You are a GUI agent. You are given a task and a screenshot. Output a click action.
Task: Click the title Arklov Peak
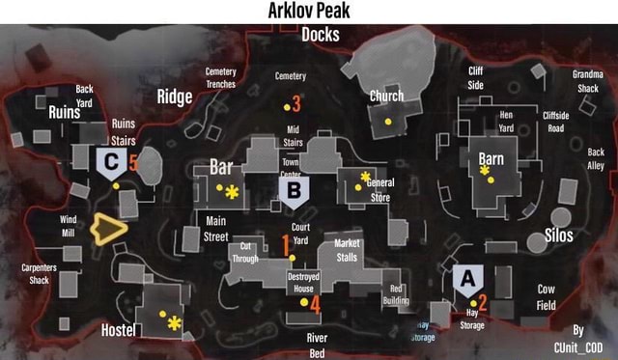click(309, 11)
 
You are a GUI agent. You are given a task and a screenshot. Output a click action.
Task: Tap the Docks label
click(320, 35)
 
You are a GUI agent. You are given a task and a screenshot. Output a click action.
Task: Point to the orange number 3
click(295, 102)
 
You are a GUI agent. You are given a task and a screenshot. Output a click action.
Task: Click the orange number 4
click(314, 303)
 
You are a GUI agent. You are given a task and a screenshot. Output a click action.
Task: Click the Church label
click(386, 97)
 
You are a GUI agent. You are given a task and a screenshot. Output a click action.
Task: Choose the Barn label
click(491, 158)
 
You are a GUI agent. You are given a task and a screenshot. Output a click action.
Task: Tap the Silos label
click(558, 235)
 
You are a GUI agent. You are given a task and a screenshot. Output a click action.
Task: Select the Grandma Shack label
click(587, 81)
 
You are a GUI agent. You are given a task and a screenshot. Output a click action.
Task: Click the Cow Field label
click(546, 297)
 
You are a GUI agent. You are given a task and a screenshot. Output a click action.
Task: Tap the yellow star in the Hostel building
click(174, 323)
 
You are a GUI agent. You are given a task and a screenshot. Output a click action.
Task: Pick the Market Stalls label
click(347, 250)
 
